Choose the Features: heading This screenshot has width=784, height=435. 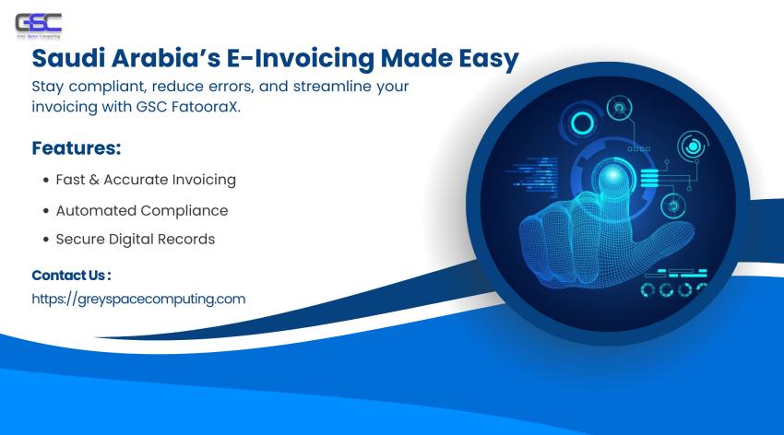tap(77, 147)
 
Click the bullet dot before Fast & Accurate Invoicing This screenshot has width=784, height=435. tap(45, 181)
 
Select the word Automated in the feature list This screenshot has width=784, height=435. tap(95, 210)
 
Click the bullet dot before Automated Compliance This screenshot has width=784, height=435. tap(45, 211)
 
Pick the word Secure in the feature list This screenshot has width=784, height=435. tap(81, 239)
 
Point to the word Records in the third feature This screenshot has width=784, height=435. tap(185, 239)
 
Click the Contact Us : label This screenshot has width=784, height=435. tap(71, 275)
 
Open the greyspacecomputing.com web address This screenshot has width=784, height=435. tap(138, 299)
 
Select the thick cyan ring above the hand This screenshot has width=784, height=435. tap(582, 123)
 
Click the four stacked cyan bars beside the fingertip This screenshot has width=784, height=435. tap(649, 179)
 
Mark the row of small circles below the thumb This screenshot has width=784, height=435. tap(672, 290)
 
